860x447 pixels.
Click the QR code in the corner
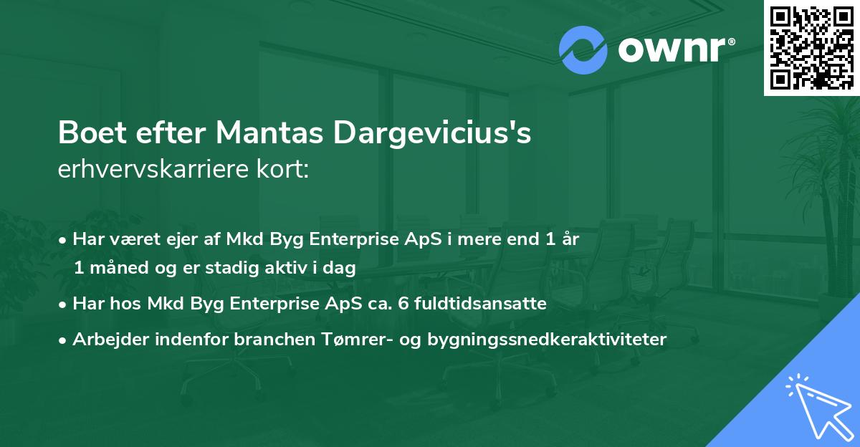(812, 48)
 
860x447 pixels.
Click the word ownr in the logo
(674, 51)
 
